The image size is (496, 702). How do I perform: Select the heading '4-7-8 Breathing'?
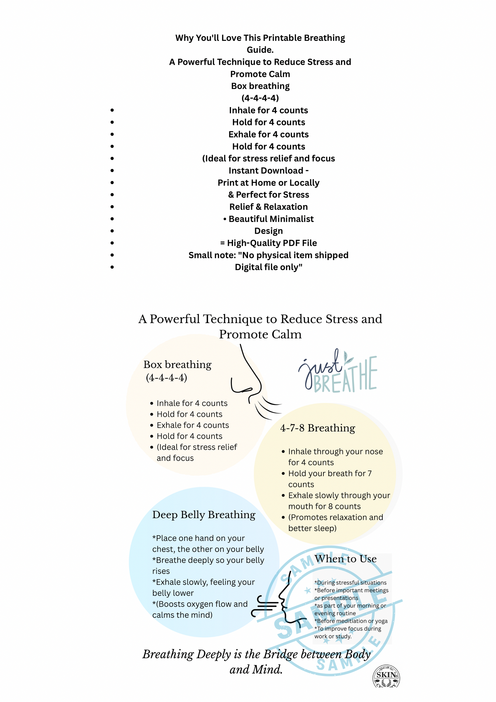(317, 428)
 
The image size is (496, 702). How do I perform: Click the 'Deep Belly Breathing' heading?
(204, 515)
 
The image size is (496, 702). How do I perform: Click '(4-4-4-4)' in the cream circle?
(166, 378)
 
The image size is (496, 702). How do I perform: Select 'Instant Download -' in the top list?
(268, 171)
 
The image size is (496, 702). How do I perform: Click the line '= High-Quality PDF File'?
(268, 243)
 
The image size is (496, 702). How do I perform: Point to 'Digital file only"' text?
(268, 267)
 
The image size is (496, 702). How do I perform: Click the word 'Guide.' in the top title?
(260, 50)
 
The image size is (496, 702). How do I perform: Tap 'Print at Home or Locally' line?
(268, 183)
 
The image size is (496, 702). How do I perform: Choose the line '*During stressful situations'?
(350, 583)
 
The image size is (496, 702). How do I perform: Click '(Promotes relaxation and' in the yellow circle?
(335, 517)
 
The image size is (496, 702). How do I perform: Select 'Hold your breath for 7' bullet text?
(330, 474)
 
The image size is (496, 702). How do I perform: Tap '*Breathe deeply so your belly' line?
(208, 560)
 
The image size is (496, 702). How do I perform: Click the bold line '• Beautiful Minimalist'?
(268, 219)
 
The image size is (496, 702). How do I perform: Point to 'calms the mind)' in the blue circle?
(182, 615)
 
